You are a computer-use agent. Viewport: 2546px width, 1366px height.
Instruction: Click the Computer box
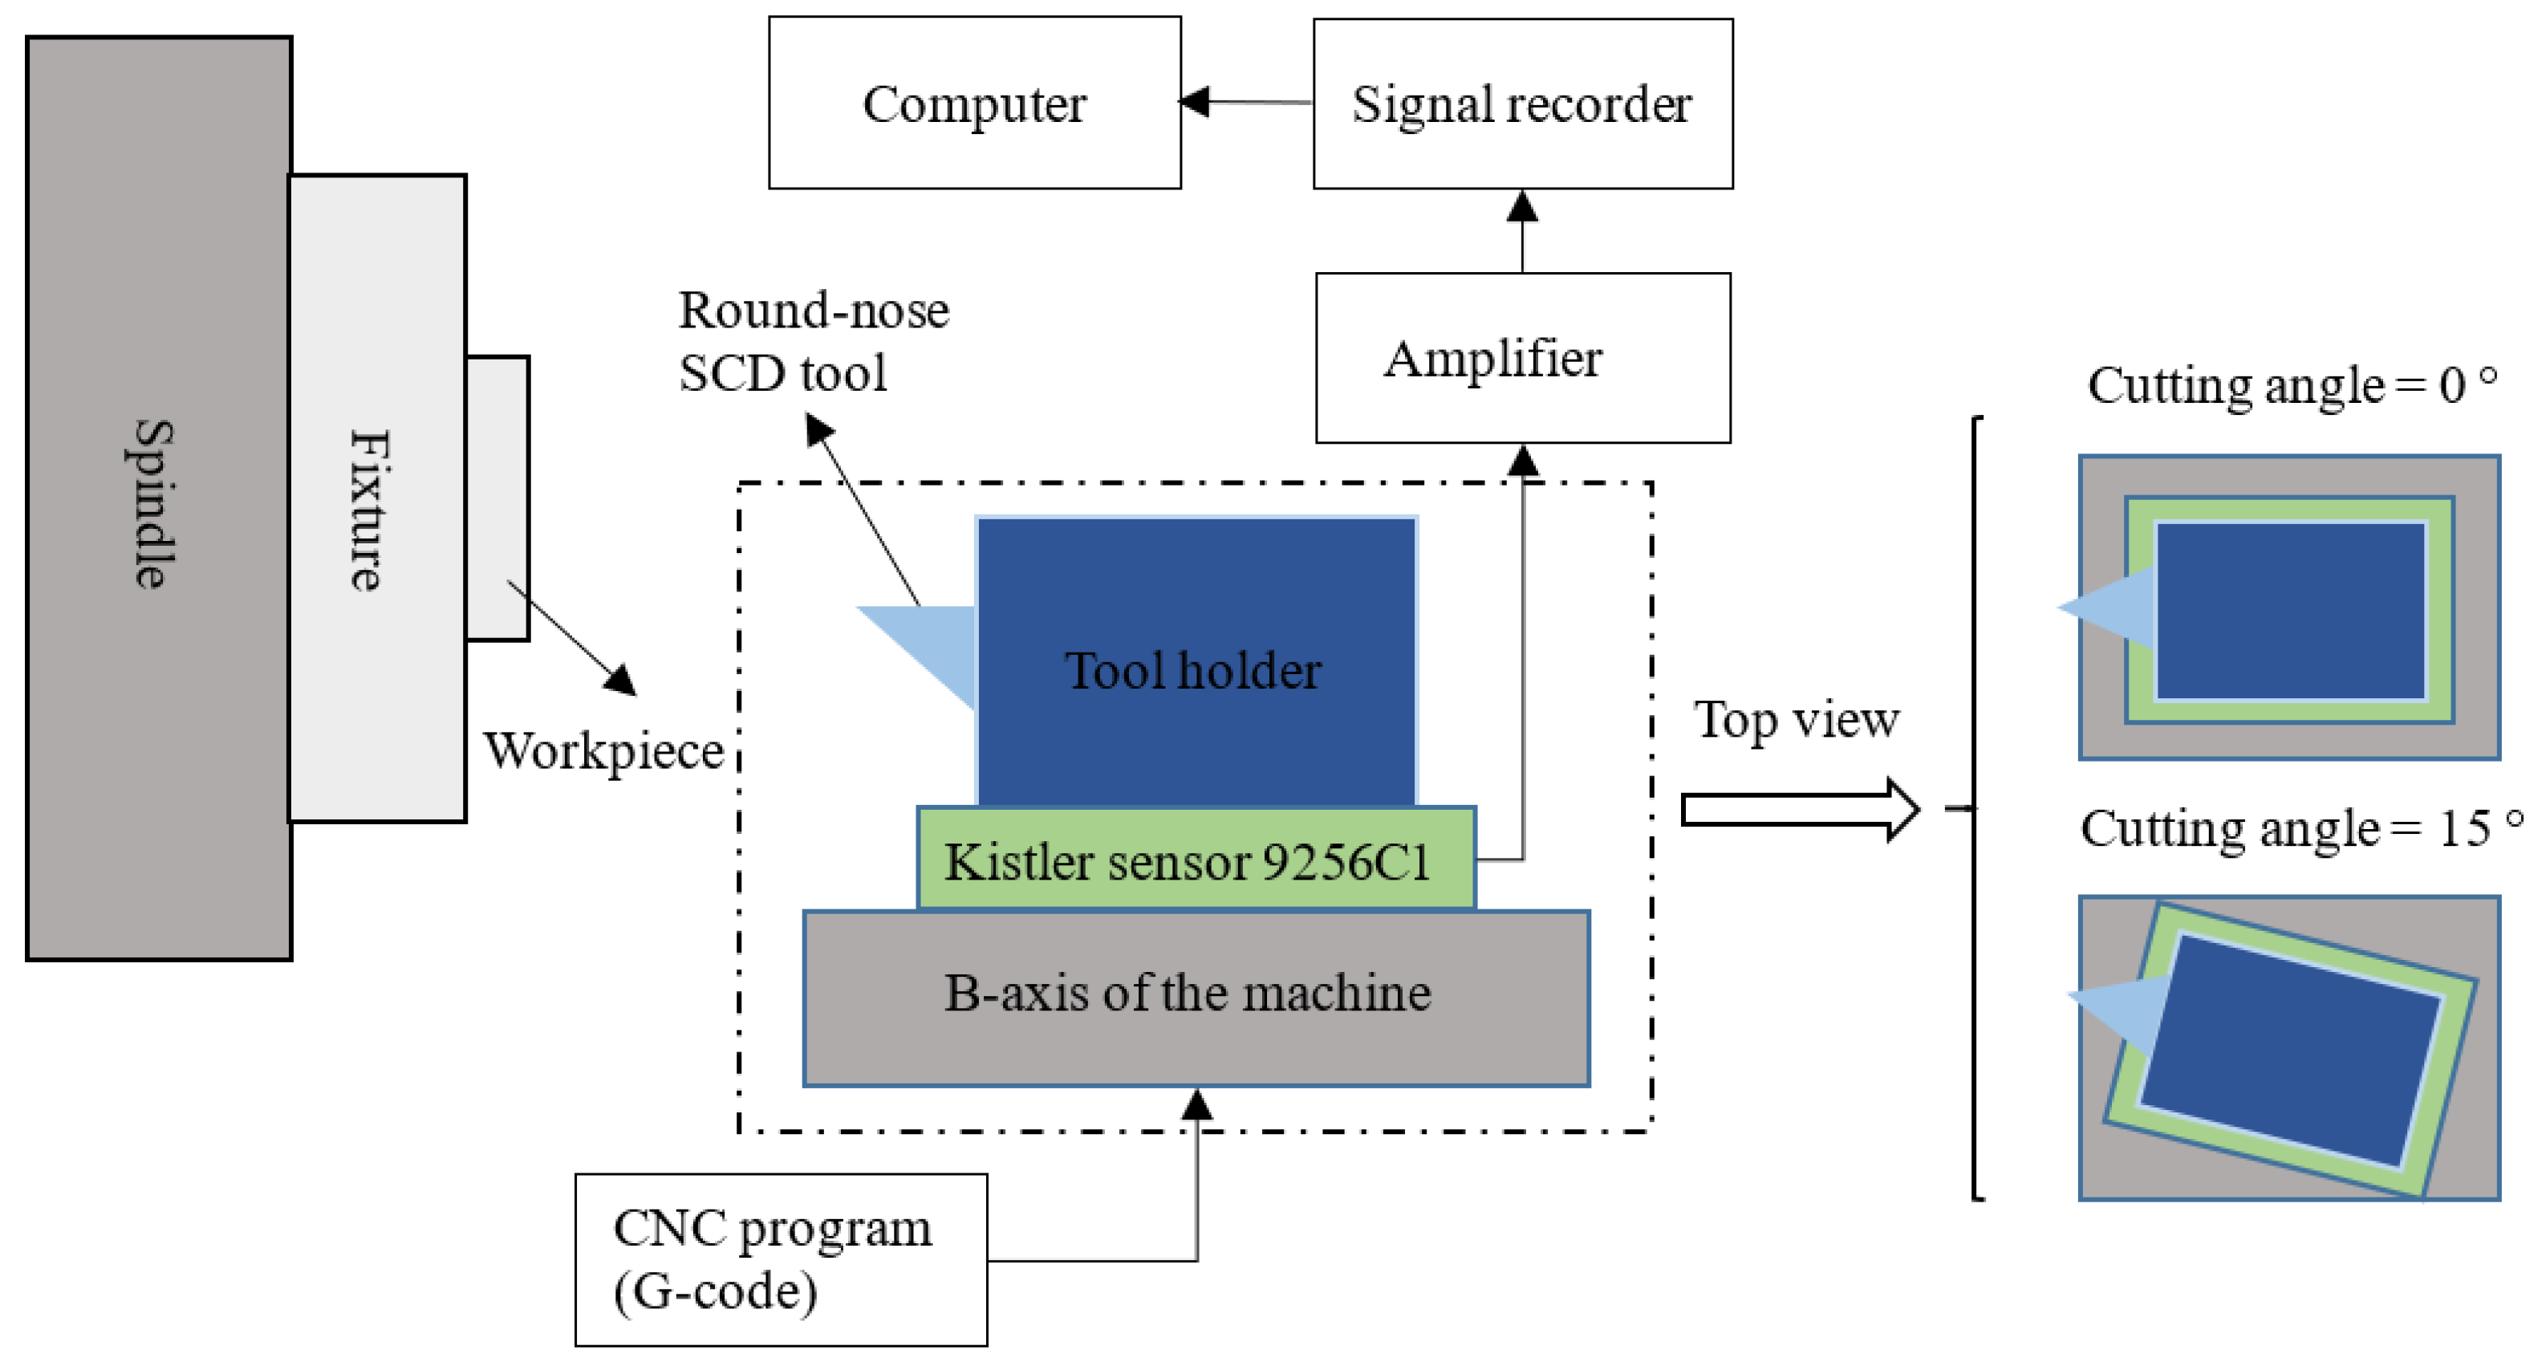click(x=975, y=102)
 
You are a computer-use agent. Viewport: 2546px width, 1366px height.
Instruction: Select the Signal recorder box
click(x=1522, y=103)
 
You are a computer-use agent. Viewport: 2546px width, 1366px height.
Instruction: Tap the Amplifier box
click(x=1523, y=358)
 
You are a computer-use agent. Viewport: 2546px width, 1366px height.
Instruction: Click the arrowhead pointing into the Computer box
click(x=1194, y=101)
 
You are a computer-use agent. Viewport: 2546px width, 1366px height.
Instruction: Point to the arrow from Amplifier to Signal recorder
click(x=1522, y=231)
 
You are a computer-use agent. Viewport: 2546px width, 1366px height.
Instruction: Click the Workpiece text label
click(x=603, y=751)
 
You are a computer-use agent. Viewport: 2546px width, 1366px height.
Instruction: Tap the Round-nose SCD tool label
click(x=814, y=341)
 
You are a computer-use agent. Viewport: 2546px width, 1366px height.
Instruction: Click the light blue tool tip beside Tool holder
click(x=933, y=644)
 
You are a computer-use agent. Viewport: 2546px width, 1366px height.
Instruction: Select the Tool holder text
click(x=1193, y=670)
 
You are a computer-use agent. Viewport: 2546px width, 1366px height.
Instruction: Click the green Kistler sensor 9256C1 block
click(x=1196, y=859)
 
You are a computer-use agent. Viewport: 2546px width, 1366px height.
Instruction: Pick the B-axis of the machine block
click(x=1196, y=998)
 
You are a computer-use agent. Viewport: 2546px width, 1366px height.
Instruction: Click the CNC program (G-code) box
click(x=781, y=1259)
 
